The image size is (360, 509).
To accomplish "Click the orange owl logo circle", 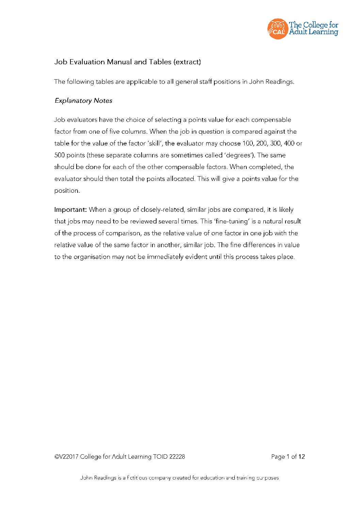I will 278,29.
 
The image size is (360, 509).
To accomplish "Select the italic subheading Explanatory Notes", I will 83,101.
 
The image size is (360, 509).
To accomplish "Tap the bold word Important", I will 70,209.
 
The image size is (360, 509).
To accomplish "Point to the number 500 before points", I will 60,155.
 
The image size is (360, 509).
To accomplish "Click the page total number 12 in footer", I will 301,457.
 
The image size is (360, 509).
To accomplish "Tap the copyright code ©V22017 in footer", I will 66,457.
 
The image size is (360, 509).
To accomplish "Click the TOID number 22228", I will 177,457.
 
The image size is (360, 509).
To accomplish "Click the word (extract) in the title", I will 187,62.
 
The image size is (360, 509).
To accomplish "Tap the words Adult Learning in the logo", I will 313,32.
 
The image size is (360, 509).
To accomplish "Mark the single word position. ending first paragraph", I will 67,190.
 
